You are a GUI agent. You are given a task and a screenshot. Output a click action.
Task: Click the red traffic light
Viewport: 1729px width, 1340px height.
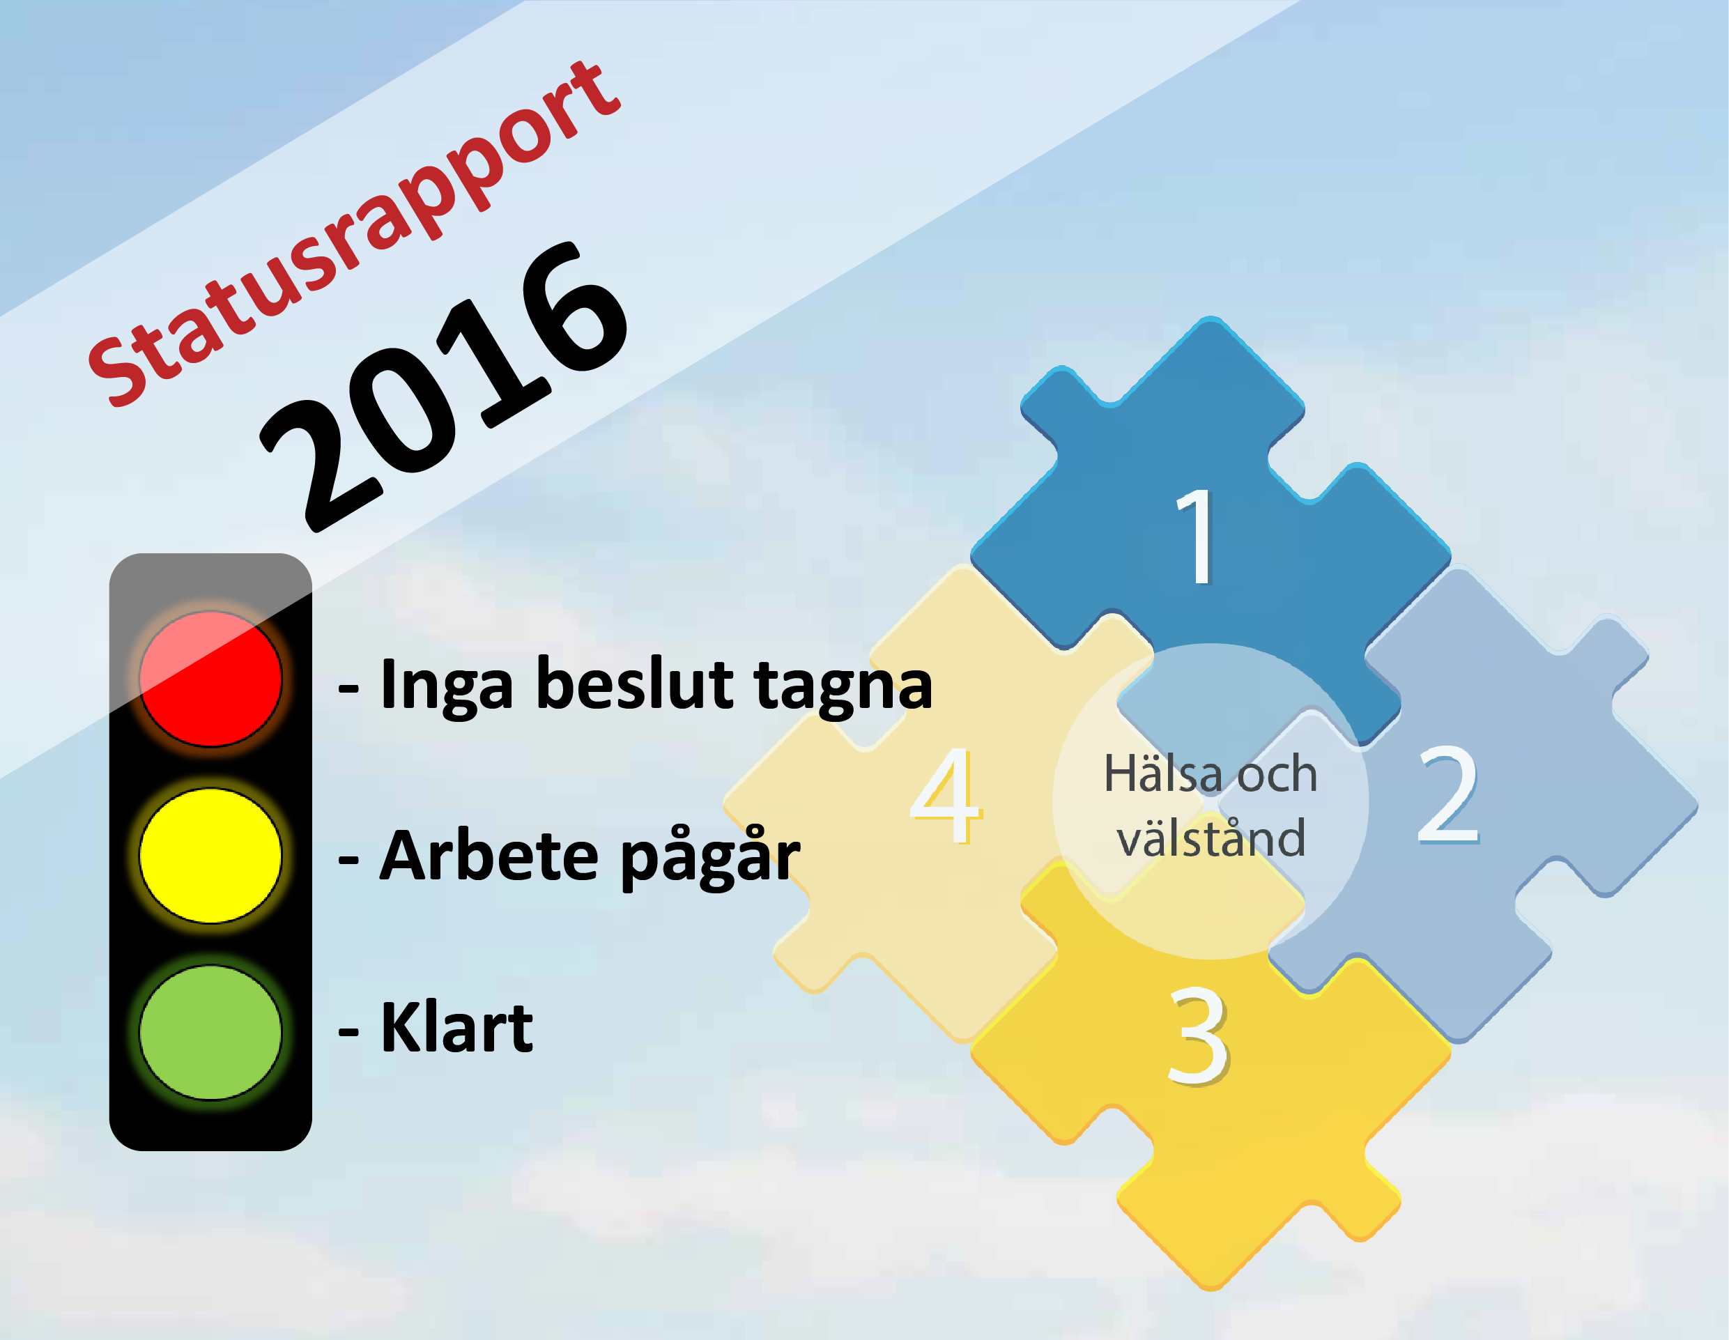coord(210,678)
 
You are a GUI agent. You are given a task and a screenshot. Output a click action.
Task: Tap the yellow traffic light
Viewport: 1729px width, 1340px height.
coord(210,856)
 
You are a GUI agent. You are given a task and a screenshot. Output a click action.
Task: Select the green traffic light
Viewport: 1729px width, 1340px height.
coord(210,1032)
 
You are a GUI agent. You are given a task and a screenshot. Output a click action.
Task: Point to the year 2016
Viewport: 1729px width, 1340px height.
coord(445,386)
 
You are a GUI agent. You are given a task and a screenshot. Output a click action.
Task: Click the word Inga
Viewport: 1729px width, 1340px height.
coord(447,686)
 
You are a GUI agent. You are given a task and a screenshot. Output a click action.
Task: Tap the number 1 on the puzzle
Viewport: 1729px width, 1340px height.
coord(1195,536)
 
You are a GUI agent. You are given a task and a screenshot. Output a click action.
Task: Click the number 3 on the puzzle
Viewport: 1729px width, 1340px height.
coord(1198,1036)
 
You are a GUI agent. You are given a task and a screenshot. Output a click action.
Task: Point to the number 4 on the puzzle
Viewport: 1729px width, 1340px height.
coord(945,796)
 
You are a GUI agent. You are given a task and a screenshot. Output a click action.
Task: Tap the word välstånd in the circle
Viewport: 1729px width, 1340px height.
coord(1211,838)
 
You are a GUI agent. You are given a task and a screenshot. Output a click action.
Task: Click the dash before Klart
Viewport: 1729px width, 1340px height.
coord(348,1031)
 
